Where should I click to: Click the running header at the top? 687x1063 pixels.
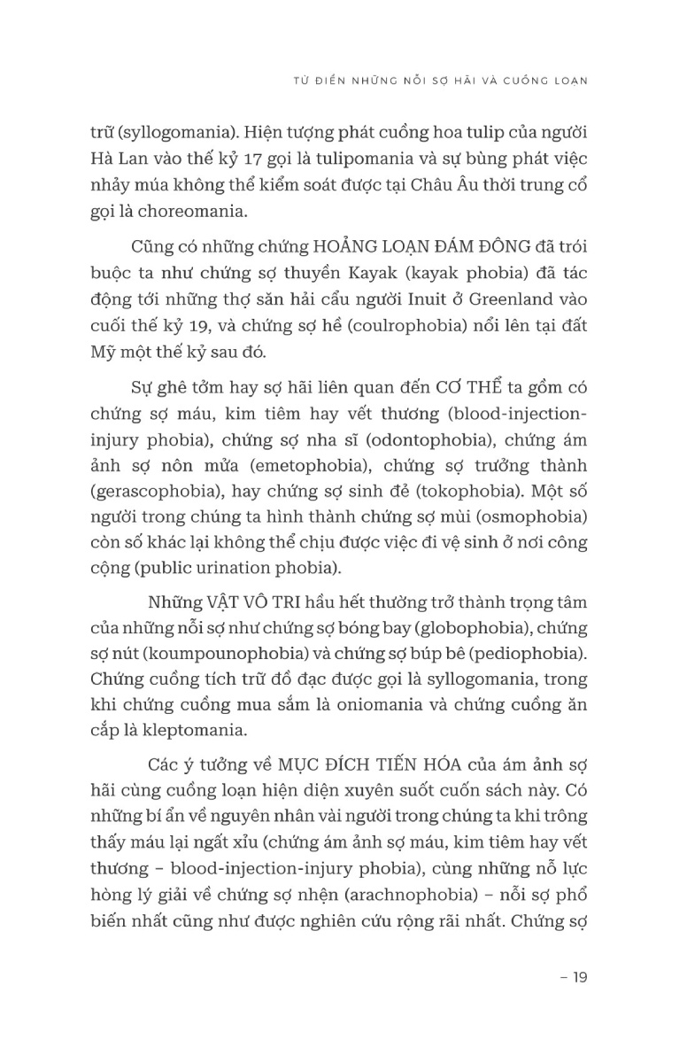[440, 79]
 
